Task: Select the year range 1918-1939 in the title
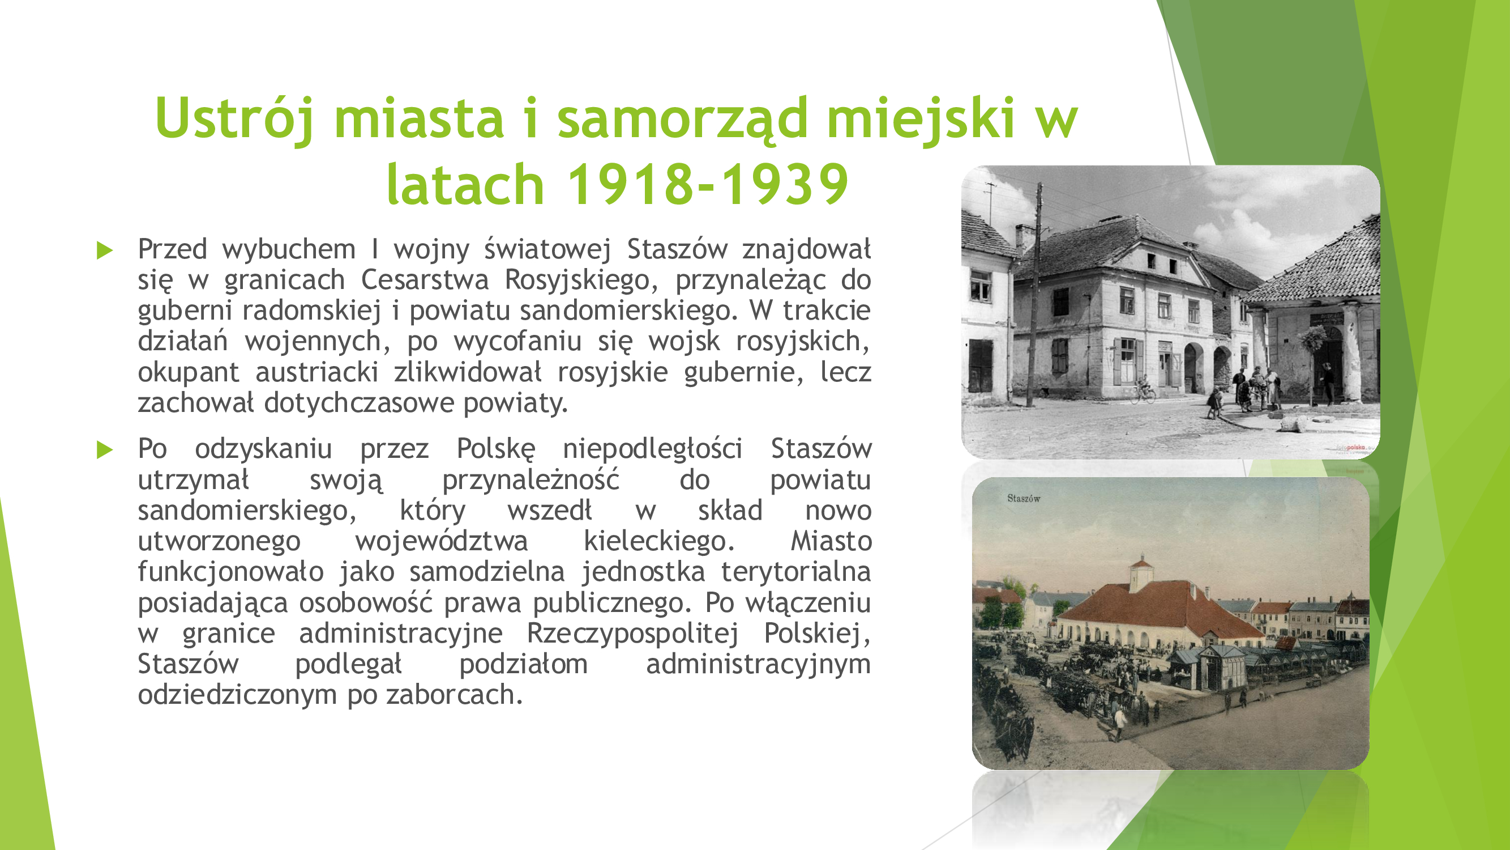pyautogui.click(x=708, y=184)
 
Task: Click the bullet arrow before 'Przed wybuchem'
pyautogui.click(x=105, y=250)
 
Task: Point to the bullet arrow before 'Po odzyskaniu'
pyautogui.click(x=105, y=450)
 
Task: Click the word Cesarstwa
pyautogui.click(x=425, y=280)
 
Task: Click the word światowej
pyautogui.click(x=547, y=250)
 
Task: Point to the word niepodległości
pyautogui.click(x=652, y=450)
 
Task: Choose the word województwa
pyautogui.click(x=442, y=541)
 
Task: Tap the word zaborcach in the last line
pyautogui.click(x=454, y=695)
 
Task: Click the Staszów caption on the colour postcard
pyautogui.click(x=1024, y=499)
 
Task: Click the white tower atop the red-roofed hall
pyautogui.click(x=1141, y=571)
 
